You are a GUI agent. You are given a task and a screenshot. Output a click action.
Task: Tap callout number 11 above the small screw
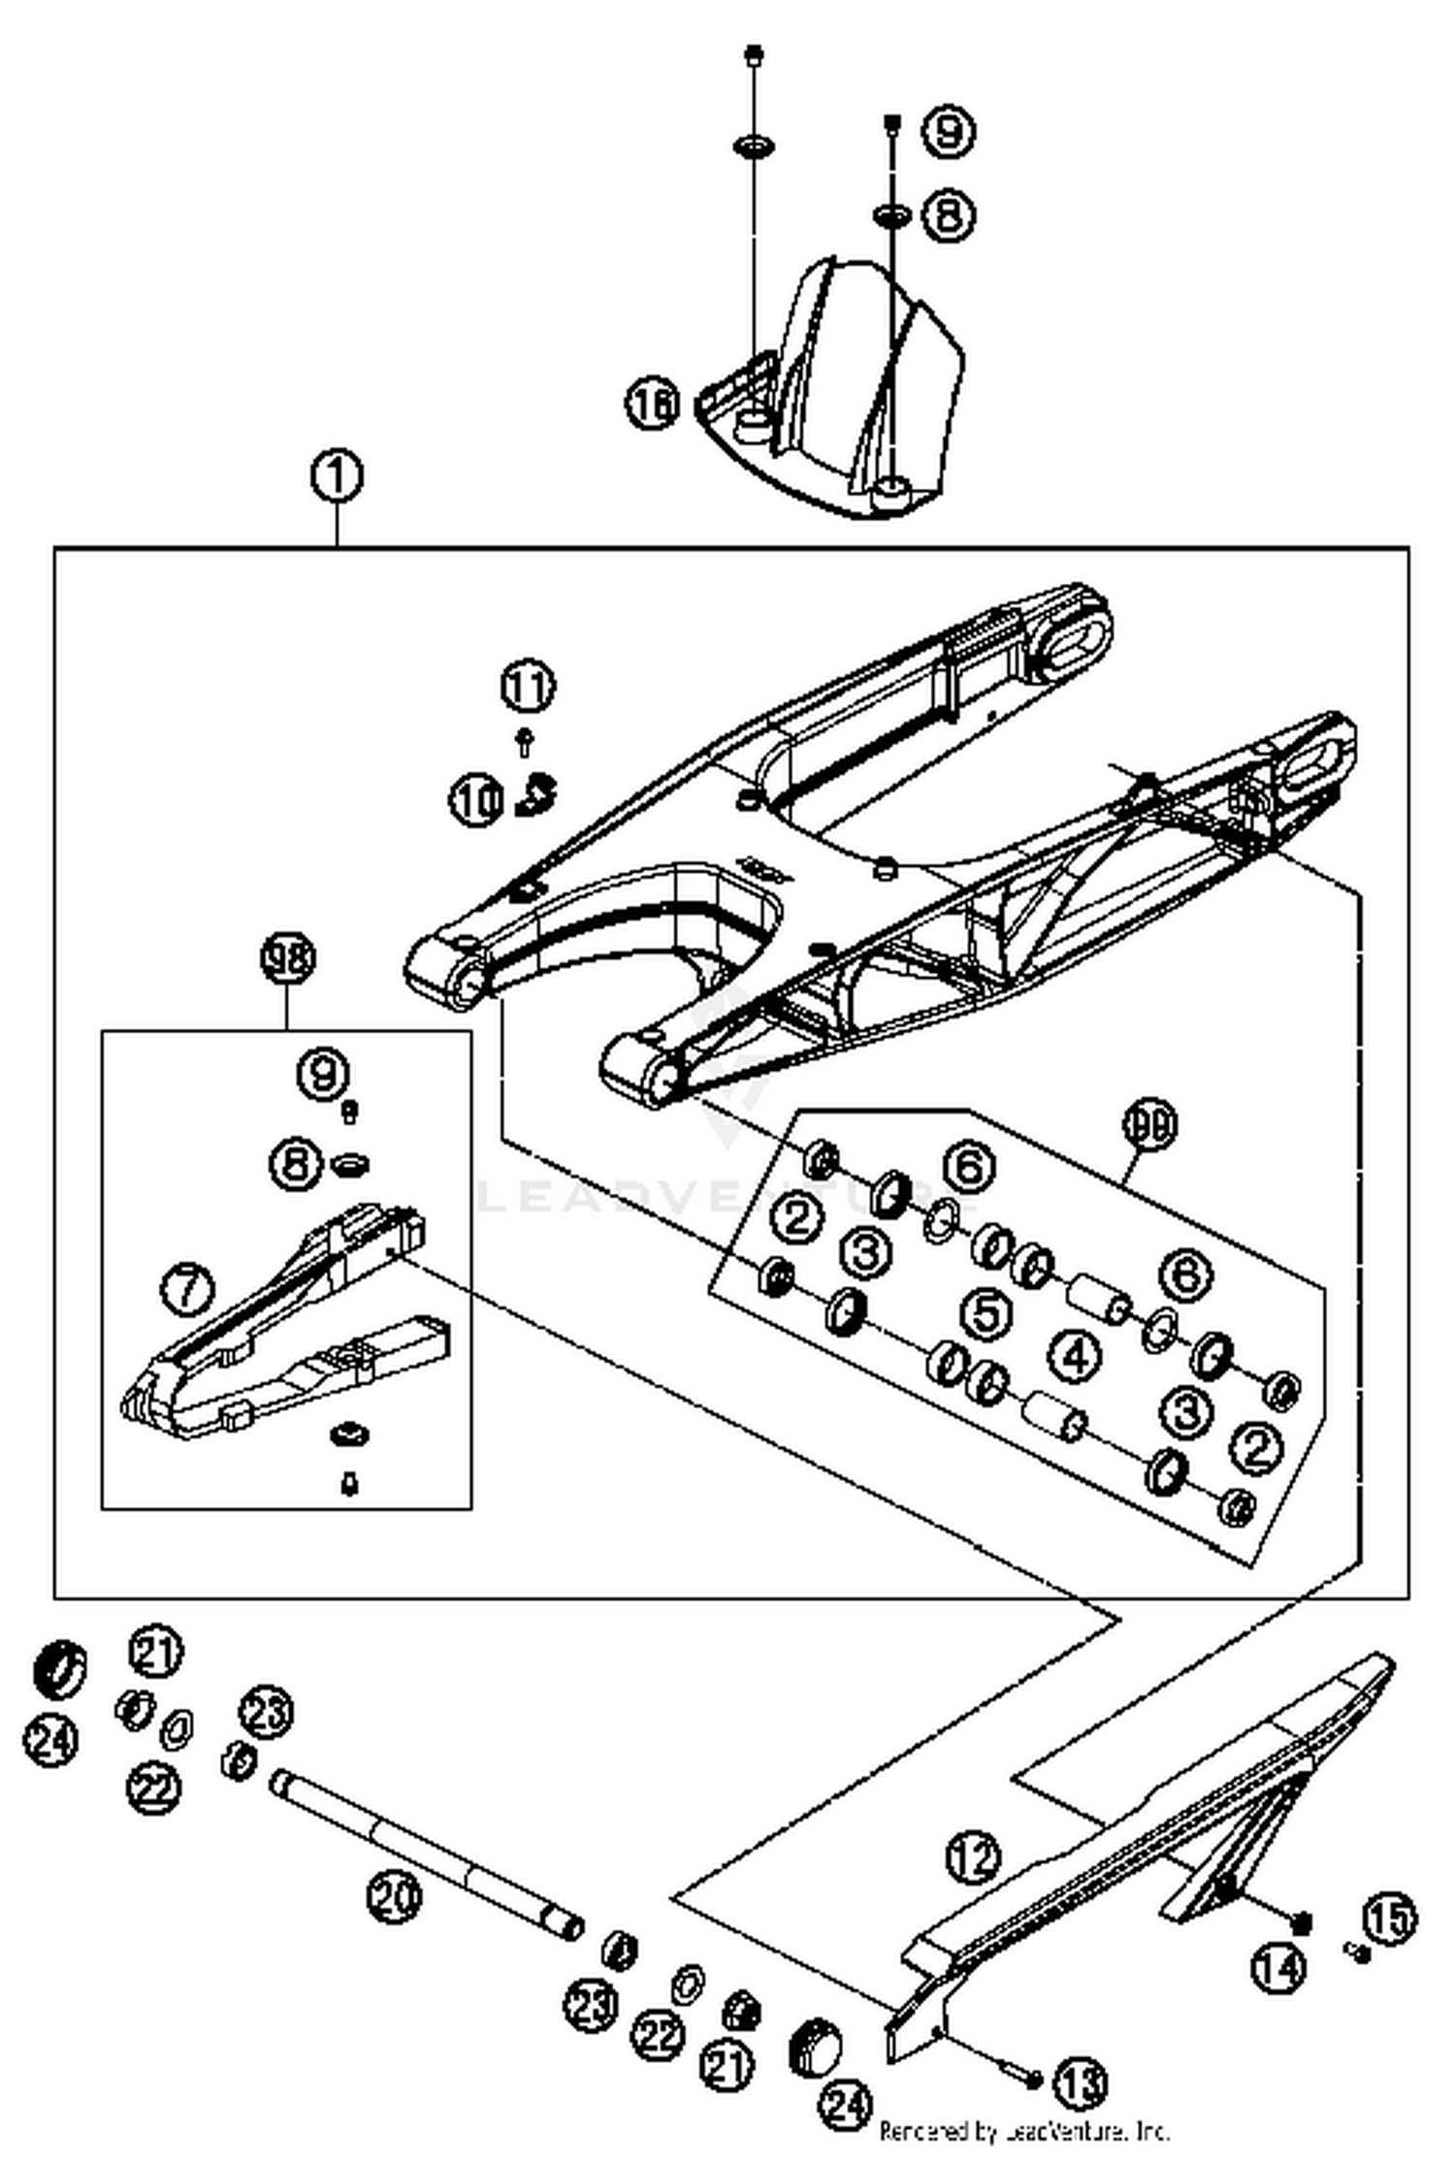[x=528, y=687]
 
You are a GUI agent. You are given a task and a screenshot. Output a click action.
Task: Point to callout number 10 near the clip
[x=476, y=801]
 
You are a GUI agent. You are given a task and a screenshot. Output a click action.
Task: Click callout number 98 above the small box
[x=288, y=959]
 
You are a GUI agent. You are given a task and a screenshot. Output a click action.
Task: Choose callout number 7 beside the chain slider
[x=187, y=1289]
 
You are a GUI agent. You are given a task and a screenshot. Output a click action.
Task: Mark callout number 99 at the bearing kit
[x=1149, y=1125]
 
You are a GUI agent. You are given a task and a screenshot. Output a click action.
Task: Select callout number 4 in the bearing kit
[x=1075, y=1356]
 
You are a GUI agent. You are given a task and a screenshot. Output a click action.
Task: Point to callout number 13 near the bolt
[x=1080, y=2081]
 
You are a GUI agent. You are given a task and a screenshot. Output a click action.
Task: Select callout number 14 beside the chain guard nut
[x=1278, y=1967]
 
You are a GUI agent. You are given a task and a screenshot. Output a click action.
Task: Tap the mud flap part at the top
[x=854, y=388]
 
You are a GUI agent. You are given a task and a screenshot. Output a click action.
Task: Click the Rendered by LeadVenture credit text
[x=1023, y=2131]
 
